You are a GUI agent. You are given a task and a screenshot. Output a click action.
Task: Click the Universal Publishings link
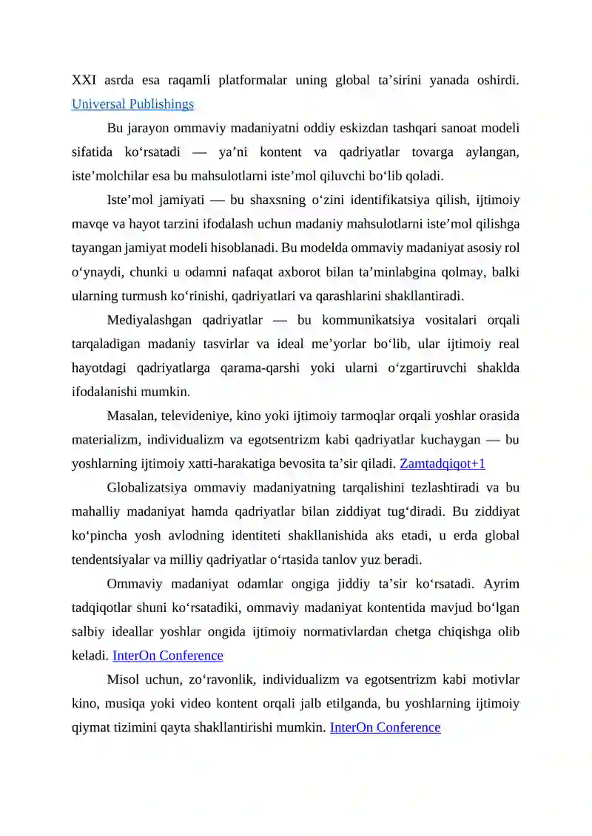(132, 104)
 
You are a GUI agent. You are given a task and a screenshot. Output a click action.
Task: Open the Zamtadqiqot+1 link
(443, 464)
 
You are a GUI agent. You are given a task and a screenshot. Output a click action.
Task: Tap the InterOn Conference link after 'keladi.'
(167, 656)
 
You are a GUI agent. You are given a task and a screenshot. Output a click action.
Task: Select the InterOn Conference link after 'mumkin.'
(385, 727)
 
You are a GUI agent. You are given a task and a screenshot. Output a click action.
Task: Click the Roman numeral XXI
(84, 81)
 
